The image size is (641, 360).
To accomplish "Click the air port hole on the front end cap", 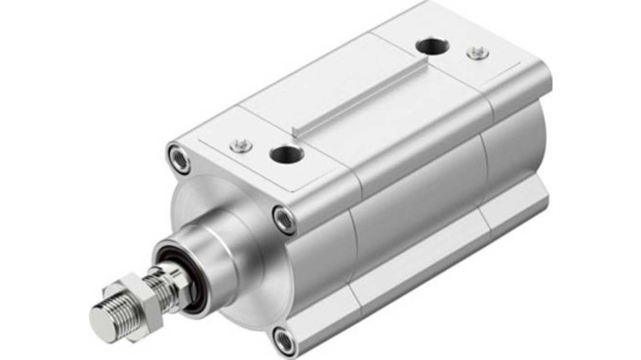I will tap(287, 155).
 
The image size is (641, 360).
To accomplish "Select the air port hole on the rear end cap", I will tap(432, 46).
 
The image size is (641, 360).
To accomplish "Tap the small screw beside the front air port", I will tap(240, 145).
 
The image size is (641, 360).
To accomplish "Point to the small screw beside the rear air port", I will tap(478, 53).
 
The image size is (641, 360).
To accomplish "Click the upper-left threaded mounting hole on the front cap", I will tap(179, 158).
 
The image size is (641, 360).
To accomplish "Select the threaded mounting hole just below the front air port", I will tap(284, 220).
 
